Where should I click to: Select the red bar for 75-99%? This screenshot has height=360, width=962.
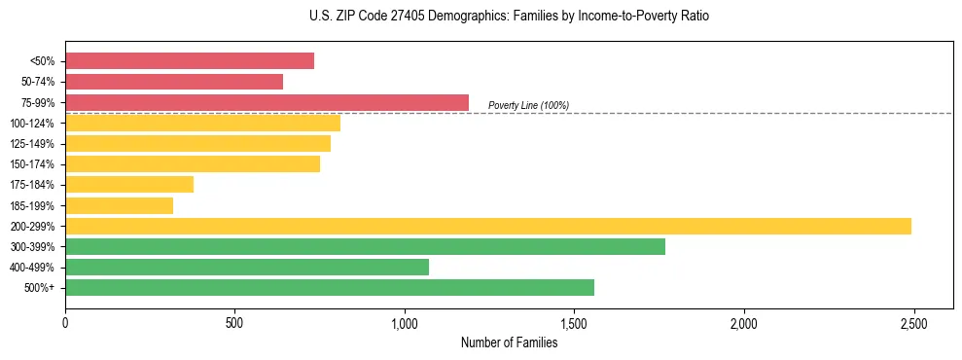coord(267,102)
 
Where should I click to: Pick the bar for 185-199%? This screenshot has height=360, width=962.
coord(119,205)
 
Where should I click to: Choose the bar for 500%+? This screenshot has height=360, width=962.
coord(330,287)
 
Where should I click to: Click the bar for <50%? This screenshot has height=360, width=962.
coord(190,60)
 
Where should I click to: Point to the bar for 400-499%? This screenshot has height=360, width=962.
coord(247,267)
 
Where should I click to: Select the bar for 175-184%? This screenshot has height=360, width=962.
coord(129,184)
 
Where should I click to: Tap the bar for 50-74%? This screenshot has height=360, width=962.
coord(174,82)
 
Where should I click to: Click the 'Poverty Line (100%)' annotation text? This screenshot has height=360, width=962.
coord(528,105)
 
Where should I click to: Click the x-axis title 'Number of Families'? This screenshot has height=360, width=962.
coord(509,342)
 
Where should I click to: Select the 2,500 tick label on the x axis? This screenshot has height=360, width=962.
coord(913,323)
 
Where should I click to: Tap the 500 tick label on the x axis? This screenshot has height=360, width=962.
coord(234,323)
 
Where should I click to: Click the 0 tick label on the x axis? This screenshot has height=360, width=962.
coord(65,323)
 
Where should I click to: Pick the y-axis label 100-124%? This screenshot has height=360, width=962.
coord(32,124)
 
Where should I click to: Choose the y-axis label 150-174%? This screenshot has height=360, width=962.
coord(32,164)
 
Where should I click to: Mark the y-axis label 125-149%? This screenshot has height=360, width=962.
coord(32,144)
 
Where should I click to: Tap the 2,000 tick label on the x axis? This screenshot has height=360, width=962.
coord(743,323)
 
